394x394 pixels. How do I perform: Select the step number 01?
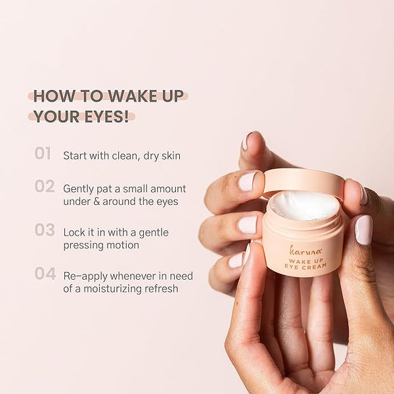click(43, 153)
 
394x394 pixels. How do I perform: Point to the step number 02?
click(45, 186)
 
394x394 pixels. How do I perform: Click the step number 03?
click(45, 230)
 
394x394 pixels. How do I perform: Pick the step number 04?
click(45, 273)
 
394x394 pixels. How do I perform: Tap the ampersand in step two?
click(97, 202)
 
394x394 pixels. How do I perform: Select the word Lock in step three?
click(72, 232)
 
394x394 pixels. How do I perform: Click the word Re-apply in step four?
click(85, 276)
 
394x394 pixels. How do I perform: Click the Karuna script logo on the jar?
click(305, 251)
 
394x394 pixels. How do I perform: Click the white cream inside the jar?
click(305, 206)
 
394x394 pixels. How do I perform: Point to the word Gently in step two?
click(78, 189)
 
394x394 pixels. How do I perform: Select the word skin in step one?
click(171, 156)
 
